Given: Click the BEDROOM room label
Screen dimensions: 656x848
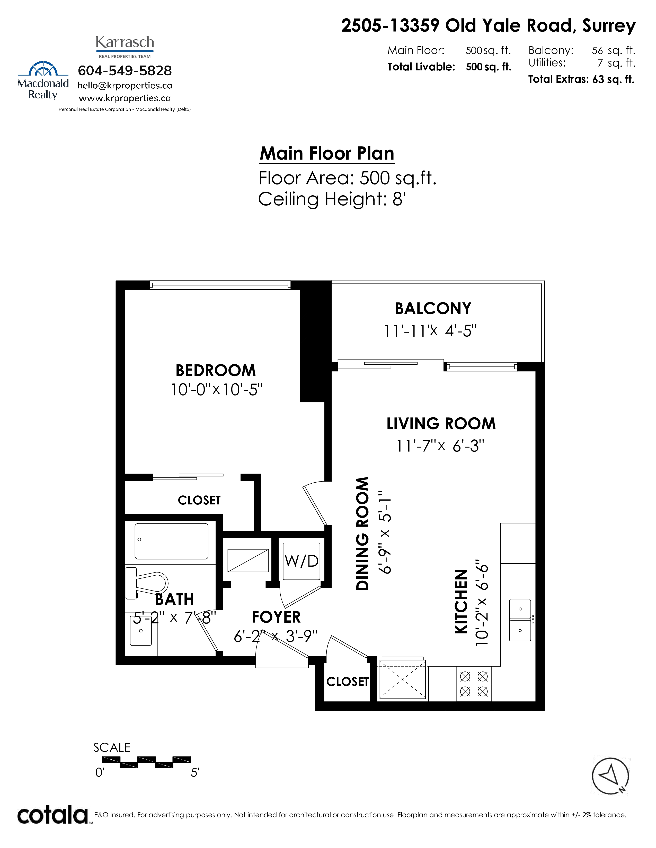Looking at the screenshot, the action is click(x=216, y=370).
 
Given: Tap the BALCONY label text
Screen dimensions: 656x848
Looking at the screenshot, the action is click(x=433, y=309).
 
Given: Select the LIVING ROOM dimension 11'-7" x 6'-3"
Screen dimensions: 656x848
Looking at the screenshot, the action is click(x=440, y=446).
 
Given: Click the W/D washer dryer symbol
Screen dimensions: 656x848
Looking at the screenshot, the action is click(x=302, y=561).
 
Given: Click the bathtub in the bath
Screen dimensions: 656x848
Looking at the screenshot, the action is click(x=171, y=541).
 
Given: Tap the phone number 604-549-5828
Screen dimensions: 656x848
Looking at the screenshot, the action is click(x=125, y=71).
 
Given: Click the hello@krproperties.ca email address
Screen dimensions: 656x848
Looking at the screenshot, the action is click(x=125, y=85).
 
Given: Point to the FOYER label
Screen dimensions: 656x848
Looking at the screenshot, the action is click(x=276, y=617).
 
